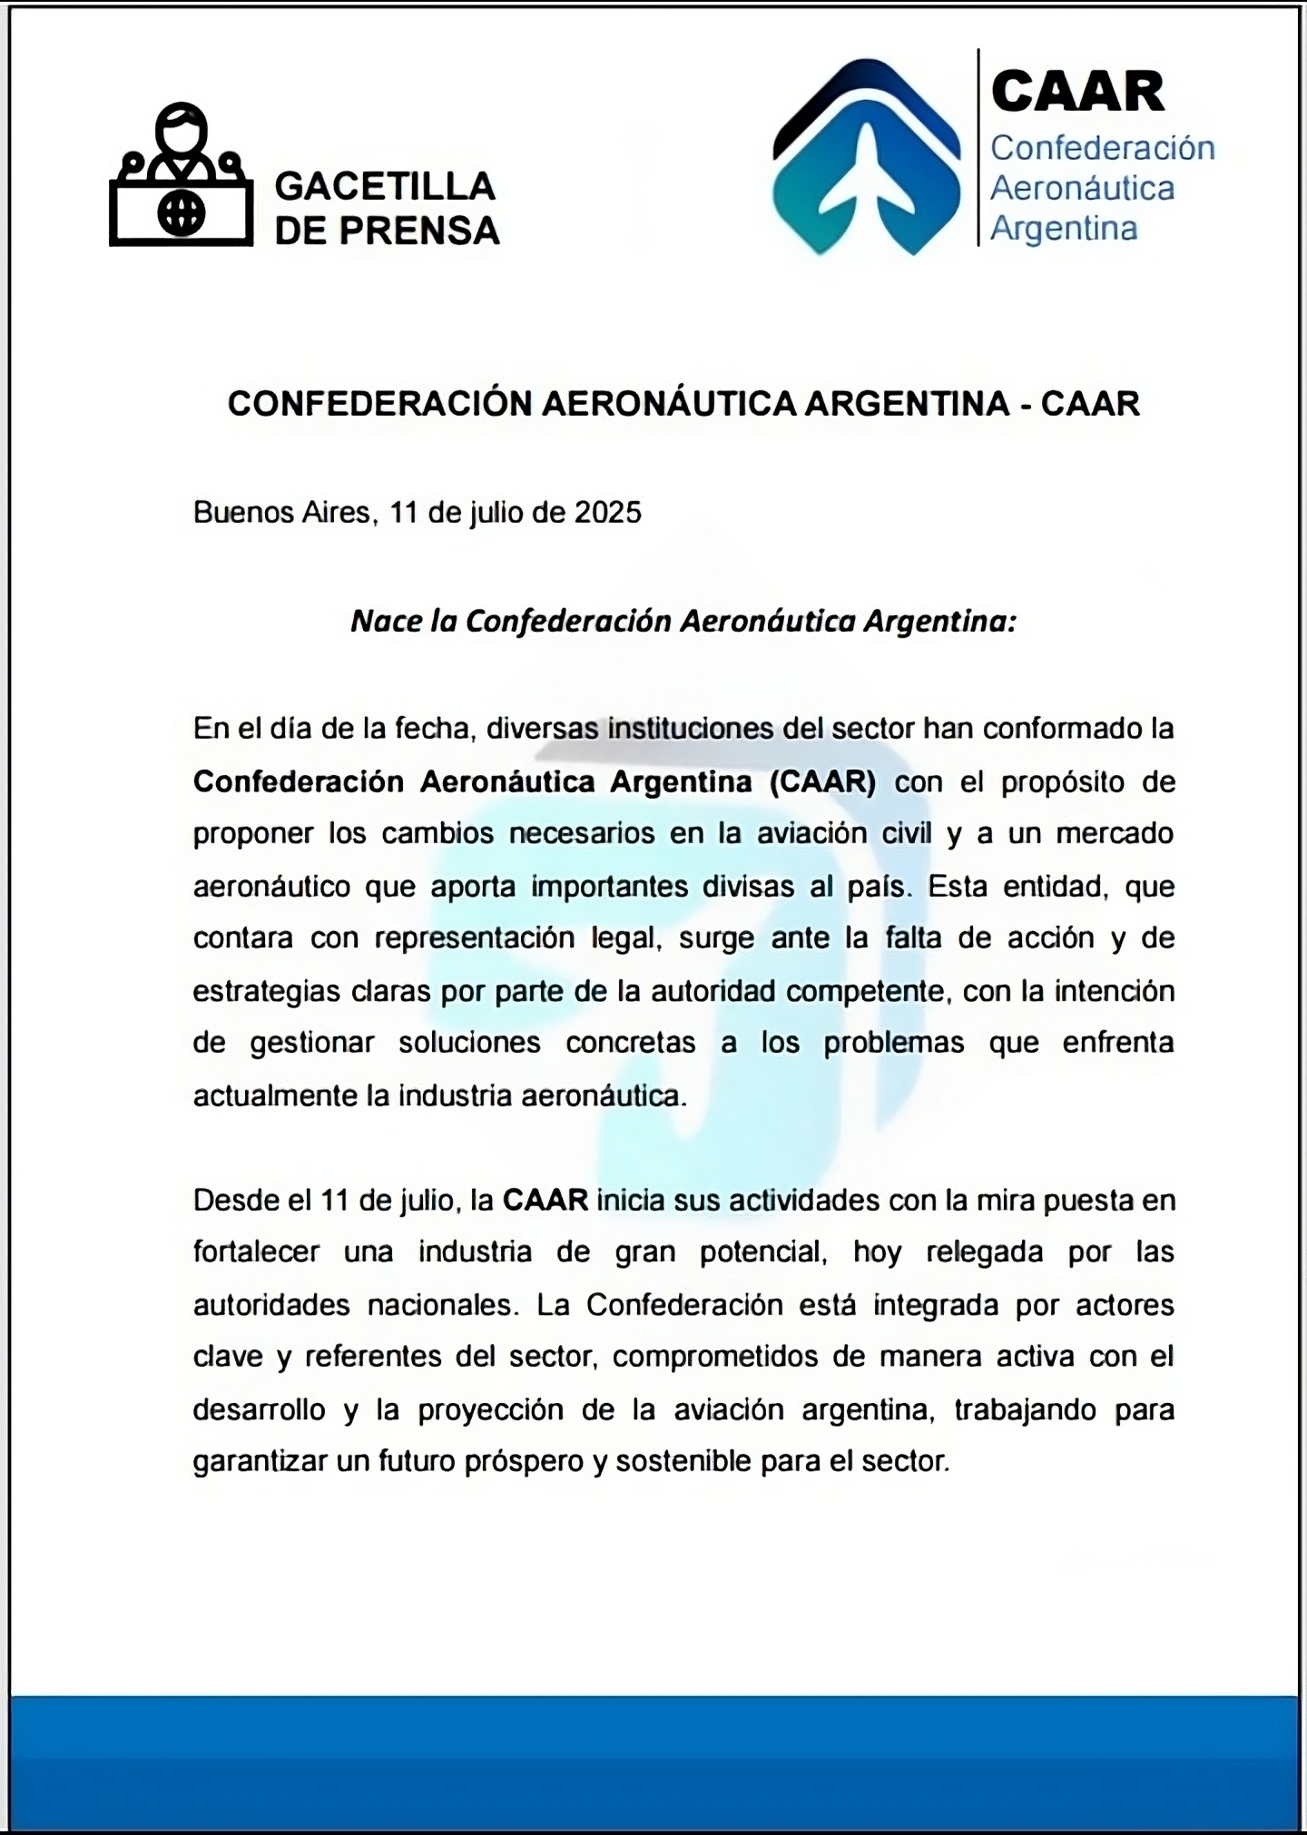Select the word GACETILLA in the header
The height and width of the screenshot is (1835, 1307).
coord(385,187)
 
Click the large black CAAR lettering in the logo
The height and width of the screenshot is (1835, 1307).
coord(1077,92)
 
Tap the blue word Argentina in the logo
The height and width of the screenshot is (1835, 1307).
coord(1063,228)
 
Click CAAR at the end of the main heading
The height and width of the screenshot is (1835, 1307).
coord(1089,404)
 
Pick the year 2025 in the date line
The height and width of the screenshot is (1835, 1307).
coord(607,513)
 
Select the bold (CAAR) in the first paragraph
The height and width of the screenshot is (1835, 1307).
coord(822,781)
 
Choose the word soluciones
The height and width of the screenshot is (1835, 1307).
coord(469,1043)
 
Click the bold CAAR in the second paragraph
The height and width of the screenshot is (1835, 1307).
coord(545,1201)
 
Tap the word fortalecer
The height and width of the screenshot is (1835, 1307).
coord(256,1252)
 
